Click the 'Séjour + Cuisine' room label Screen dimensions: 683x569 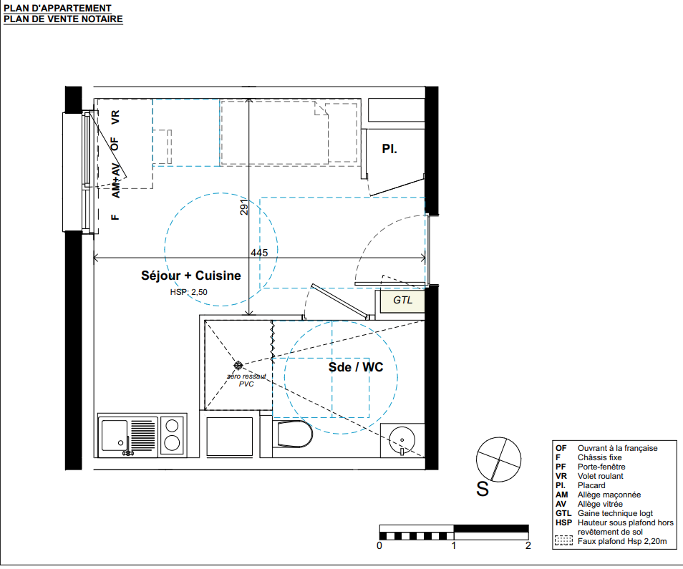coord(190,276)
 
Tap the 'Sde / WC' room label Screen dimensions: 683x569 coord(356,367)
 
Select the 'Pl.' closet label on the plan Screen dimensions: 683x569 coord(389,149)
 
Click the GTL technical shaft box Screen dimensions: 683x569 coord(402,301)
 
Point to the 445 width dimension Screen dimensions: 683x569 coord(259,253)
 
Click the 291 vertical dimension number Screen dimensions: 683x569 coord(244,207)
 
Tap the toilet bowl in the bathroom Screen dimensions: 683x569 coord(295,434)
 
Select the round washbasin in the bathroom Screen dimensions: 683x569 coord(402,440)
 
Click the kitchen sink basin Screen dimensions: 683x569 coord(115,435)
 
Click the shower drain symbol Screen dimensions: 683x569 coord(238,365)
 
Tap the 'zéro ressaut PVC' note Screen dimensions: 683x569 coord(246,379)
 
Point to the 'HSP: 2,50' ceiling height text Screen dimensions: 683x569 coord(188,292)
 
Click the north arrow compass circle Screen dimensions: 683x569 coord(498,459)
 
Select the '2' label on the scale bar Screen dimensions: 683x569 coord(528,545)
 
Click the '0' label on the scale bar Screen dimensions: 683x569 coord(379,545)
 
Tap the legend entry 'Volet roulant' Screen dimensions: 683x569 coord(600,476)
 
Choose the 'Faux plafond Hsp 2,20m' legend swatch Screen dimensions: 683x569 coord(563,540)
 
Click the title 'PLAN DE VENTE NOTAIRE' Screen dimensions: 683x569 coord(63,19)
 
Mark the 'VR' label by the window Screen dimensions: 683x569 coord(115,117)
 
